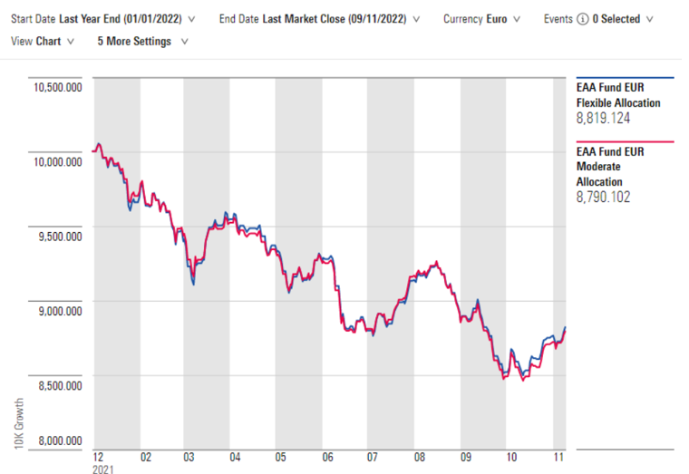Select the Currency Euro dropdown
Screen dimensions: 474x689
481,19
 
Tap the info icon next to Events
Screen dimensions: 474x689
582,19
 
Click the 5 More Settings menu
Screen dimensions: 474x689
143,41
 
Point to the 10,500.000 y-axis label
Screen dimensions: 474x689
57,87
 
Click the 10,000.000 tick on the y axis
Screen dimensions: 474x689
57,161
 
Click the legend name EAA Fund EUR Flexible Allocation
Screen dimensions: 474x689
618,96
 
